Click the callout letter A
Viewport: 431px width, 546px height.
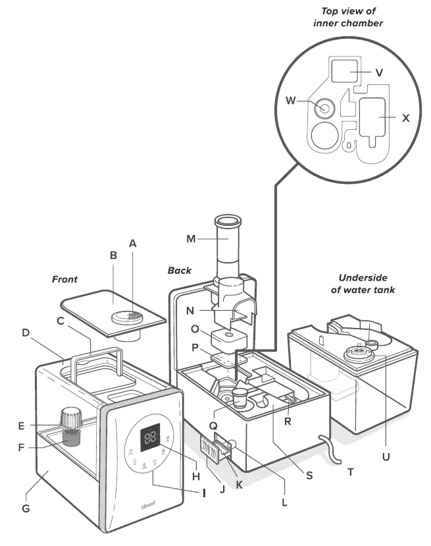[x=132, y=243]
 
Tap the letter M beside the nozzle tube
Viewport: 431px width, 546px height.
[x=191, y=238]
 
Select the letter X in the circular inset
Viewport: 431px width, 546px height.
[x=405, y=119]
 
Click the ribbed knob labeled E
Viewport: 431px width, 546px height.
[x=70, y=418]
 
